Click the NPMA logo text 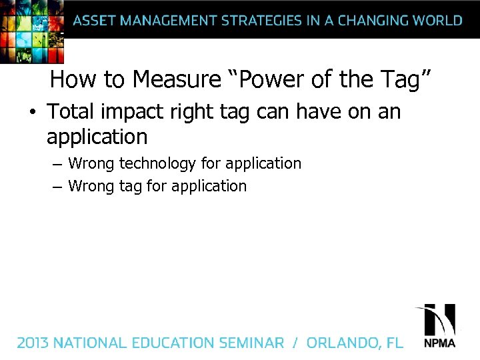coord(440,343)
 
